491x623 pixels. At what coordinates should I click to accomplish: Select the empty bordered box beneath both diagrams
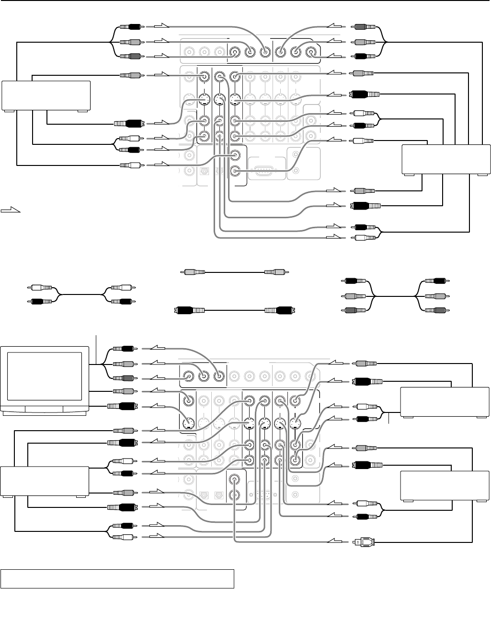click(117, 578)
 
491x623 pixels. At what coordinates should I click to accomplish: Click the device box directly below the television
click(45, 481)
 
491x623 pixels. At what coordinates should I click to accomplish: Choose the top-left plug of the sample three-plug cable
click(355, 281)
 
